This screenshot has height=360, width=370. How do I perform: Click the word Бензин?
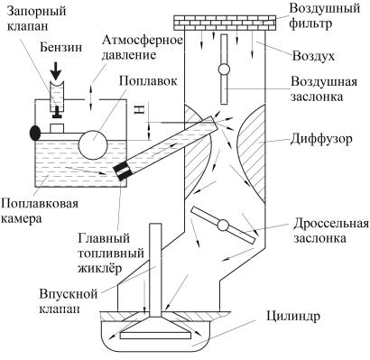click(x=61, y=47)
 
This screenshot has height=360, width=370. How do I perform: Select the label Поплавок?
click(x=148, y=81)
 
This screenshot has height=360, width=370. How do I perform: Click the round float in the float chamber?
click(x=93, y=144)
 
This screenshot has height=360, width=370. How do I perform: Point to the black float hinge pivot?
click(x=35, y=133)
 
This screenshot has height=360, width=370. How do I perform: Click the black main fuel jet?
click(x=123, y=171)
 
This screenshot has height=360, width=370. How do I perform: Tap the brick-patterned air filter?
click(x=225, y=23)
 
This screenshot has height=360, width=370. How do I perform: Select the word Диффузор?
click(x=321, y=140)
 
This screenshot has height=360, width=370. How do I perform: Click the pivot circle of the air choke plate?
click(x=224, y=69)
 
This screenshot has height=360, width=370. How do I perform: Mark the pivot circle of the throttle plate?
click(x=223, y=225)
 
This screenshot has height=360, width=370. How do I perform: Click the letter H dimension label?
click(x=141, y=110)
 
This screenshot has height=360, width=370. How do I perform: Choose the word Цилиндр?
click(x=293, y=317)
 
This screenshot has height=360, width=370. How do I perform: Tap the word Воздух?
click(x=313, y=56)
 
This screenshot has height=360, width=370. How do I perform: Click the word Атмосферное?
click(x=142, y=41)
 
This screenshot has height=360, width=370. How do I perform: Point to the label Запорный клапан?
click(x=36, y=19)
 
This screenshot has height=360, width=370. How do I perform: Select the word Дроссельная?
click(x=331, y=224)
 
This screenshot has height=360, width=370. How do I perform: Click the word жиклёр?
click(x=100, y=268)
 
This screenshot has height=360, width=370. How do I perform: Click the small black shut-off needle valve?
click(x=55, y=113)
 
